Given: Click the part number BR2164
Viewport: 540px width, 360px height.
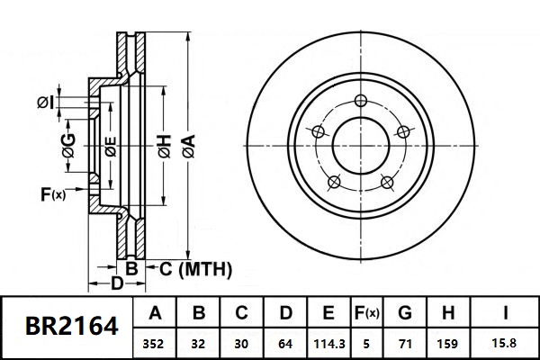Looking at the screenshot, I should (71, 326).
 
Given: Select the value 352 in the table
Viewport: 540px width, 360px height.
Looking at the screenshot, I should (156, 343).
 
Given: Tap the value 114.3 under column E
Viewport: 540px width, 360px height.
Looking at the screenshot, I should (328, 343).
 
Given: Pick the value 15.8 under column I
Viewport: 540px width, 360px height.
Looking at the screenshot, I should (507, 343).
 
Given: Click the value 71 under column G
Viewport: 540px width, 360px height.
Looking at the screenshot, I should (405, 343).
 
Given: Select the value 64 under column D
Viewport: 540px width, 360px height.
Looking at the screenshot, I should (285, 343).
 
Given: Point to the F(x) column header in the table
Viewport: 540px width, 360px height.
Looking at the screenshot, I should (365, 314).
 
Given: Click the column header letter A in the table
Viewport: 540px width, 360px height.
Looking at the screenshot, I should (156, 314).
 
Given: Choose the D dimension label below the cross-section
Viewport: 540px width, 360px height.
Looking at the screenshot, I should (116, 284).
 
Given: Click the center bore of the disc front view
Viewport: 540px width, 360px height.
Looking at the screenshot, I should (361, 145).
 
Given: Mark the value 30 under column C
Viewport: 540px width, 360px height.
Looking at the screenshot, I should (241, 343).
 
